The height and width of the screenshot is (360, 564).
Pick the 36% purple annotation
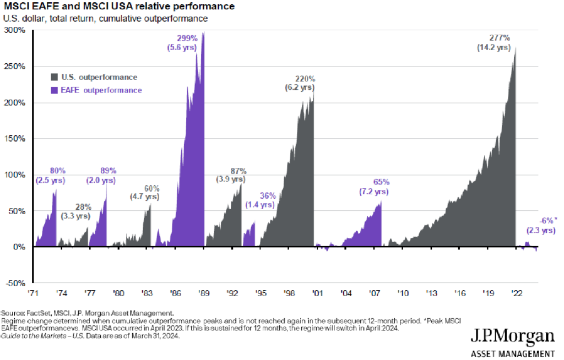(x=267, y=195)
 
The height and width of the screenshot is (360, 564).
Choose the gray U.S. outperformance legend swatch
(x=55, y=77)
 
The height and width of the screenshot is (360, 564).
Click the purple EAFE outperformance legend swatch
(x=55, y=90)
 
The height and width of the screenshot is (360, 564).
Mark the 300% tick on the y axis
(x=17, y=30)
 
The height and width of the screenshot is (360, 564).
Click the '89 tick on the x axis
(x=203, y=293)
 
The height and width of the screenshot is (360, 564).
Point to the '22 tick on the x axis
(x=517, y=293)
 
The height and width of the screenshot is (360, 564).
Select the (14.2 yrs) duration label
(x=493, y=47)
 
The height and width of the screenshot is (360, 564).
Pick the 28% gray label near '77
(x=83, y=206)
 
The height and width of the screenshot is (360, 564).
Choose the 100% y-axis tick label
(x=17, y=174)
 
